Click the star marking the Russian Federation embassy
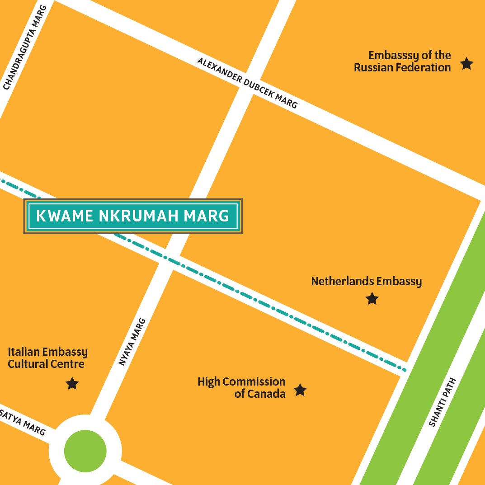pos(466,64)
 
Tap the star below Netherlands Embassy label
pos(372,299)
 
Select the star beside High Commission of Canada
pos(300,390)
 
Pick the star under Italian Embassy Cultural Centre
pos(72,384)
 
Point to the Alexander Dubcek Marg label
pos(247,84)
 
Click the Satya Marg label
pos(23,423)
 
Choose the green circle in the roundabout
pos(85,450)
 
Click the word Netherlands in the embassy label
pos(338,282)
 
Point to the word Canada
pos(266,394)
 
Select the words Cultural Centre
pos(46,364)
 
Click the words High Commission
pos(241,382)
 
